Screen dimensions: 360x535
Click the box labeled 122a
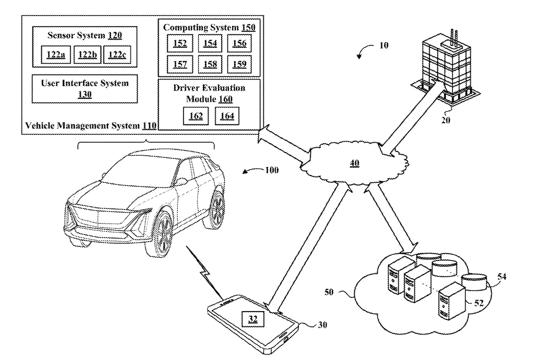coord(55,55)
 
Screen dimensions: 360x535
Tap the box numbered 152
coord(180,43)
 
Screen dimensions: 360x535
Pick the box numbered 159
coord(239,65)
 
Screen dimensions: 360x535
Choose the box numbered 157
coord(180,65)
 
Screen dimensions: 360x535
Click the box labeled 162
coord(196,116)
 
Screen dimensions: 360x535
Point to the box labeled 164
coord(227,116)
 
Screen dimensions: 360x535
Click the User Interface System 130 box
coord(84,88)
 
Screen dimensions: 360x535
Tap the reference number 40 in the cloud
coord(354,163)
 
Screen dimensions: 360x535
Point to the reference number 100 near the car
coord(272,170)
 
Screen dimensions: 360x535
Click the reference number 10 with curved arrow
coord(384,46)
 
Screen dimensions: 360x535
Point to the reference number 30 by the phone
coord(323,324)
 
